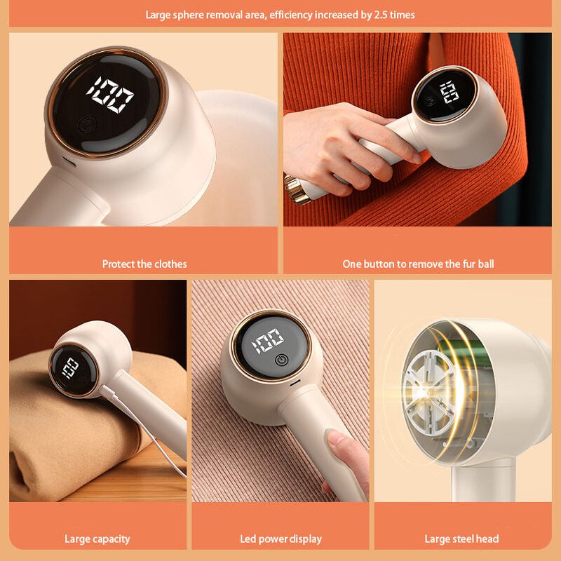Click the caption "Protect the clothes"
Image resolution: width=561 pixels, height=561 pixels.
144,264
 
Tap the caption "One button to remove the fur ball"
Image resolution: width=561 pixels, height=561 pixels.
418,264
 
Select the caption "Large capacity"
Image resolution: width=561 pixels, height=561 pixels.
97,539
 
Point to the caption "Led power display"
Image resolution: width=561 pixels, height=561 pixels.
280,539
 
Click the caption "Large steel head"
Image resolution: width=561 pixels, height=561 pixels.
461,539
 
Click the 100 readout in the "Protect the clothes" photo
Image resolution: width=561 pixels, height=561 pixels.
110,94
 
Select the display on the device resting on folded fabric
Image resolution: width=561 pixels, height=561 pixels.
70,366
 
